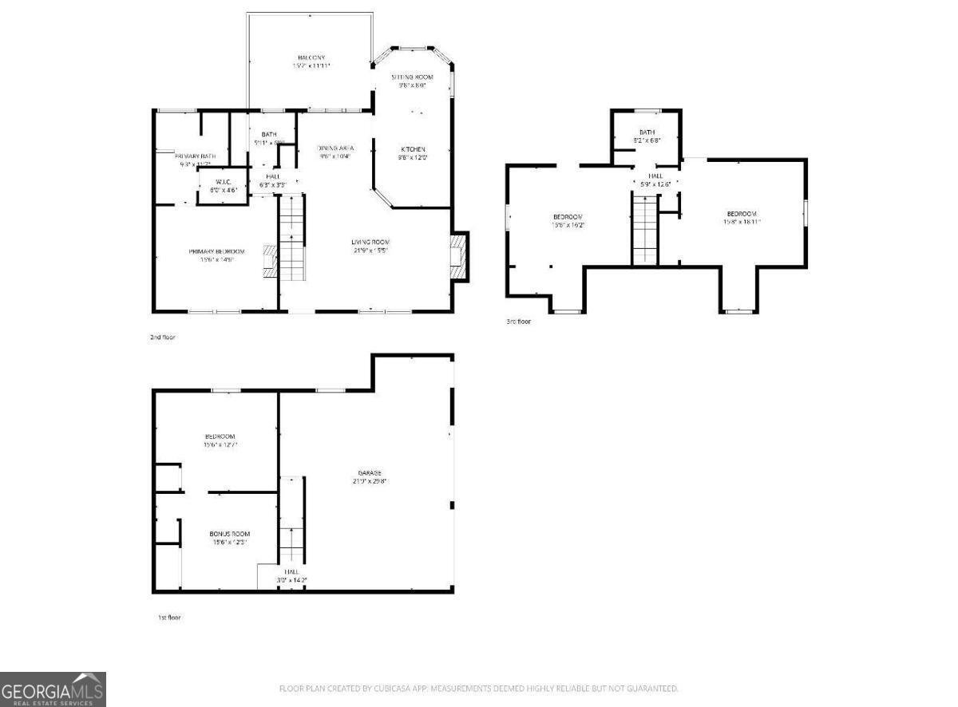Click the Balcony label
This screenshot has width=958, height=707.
coord(311,57)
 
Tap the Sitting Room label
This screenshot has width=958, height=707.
coord(412,77)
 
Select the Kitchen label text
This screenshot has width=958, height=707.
coord(413,149)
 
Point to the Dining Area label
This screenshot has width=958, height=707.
coord(335,148)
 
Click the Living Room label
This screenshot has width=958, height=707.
coord(370,242)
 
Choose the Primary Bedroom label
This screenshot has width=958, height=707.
coord(216,251)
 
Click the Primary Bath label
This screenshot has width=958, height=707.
coord(195,156)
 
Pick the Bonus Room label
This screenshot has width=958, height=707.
coord(230,534)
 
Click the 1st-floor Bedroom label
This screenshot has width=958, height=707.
coord(220,436)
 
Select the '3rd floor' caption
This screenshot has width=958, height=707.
coord(518,322)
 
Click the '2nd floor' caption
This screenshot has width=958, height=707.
coord(163,338)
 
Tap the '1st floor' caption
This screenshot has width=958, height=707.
coord(168,617)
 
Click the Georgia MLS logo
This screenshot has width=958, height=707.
coord(53,689)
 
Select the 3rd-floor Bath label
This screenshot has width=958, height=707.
coord(647,132)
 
